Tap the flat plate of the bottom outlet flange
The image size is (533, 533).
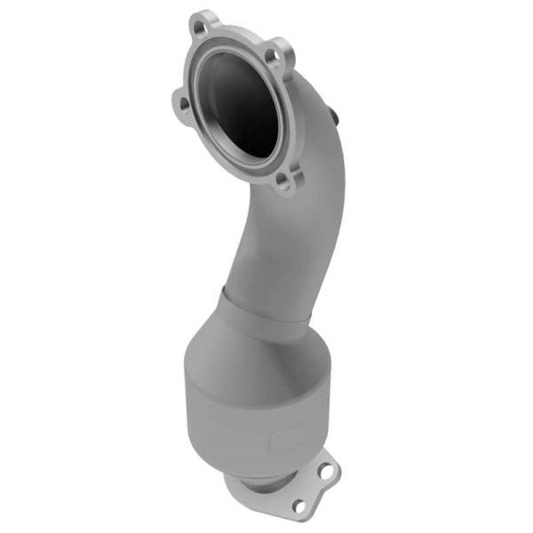click(311, 489)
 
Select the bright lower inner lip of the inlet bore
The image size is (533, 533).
click(244, 151)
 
